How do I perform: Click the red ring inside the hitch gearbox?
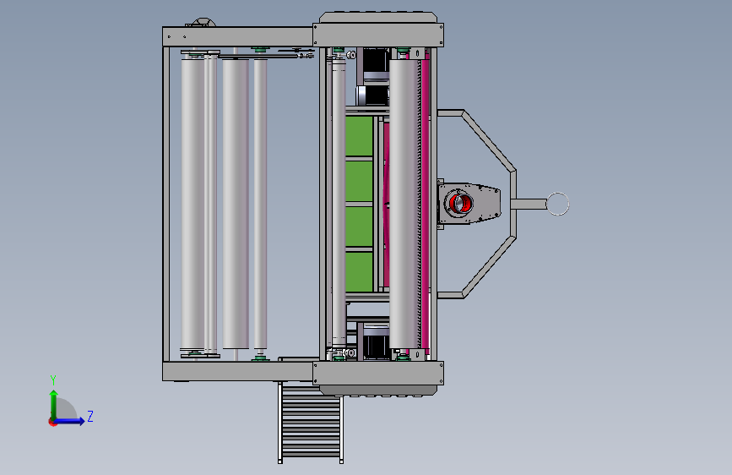(460, 203)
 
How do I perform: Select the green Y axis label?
(53, 380)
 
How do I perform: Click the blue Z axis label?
(90, 416)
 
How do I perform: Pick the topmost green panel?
(359, 135)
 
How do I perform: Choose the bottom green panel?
(359, 271)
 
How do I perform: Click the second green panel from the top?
(359, 181)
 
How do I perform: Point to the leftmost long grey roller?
(192, 203)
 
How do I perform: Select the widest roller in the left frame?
(236, 203)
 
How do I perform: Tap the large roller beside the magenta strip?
(404, 204)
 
